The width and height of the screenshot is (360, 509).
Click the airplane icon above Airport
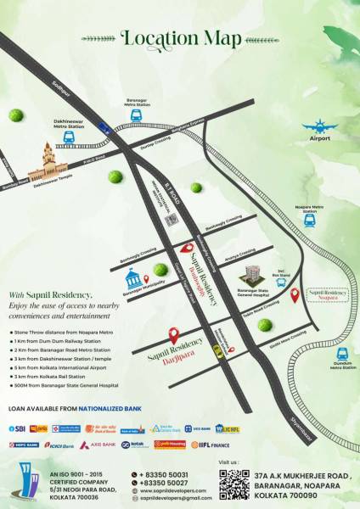(321, 125)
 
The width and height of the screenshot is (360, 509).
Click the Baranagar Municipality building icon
(132, 280)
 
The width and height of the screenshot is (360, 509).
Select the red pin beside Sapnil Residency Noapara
(295, 296)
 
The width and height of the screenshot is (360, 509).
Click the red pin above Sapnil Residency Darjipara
(174, 335)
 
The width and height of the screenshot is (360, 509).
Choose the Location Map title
(179, 37)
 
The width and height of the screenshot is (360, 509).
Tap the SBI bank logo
(16, 429)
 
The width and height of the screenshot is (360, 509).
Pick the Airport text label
(321, 137)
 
